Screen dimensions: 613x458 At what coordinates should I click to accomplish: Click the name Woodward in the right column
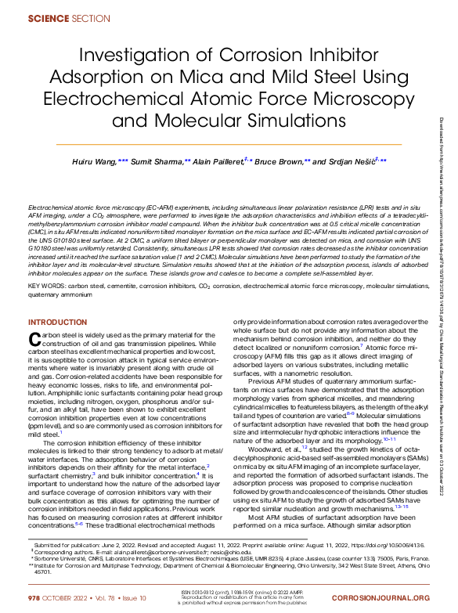coord(263,449)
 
